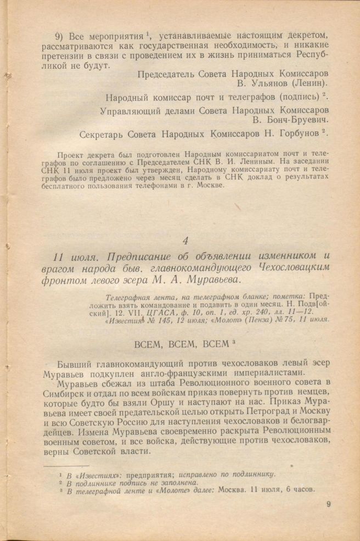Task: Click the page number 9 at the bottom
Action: tap(329, 505)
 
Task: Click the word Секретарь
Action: tap(104, 133)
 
